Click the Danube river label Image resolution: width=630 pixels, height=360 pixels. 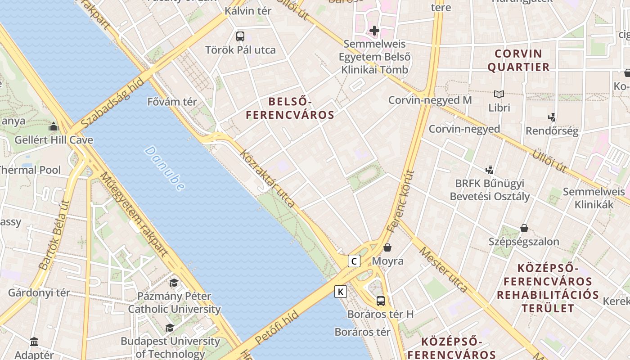(165, 168)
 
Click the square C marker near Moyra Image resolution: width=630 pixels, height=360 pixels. (354, 261)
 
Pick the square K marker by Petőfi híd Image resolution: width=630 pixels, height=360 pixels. (341, 292)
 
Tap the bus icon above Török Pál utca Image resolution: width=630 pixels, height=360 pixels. (240, 36)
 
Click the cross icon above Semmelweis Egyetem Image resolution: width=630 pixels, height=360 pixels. (374, 31)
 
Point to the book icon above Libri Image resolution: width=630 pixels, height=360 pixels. (499, 94)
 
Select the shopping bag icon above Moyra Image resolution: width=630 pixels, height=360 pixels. (387, 247)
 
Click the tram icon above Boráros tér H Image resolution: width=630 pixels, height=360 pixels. (381, 301)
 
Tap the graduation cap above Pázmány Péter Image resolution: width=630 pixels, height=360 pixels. (174, 283)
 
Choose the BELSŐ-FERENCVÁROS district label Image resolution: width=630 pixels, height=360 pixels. (290, 108)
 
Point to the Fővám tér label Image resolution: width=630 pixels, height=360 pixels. (172, 102)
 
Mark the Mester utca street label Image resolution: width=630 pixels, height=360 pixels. (443, 269)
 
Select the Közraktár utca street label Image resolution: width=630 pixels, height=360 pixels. (268, 179)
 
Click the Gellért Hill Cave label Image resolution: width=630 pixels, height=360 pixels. (54, 140)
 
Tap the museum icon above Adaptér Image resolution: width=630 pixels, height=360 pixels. (34, 342)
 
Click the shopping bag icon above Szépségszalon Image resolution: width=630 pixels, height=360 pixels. (524, 228)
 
